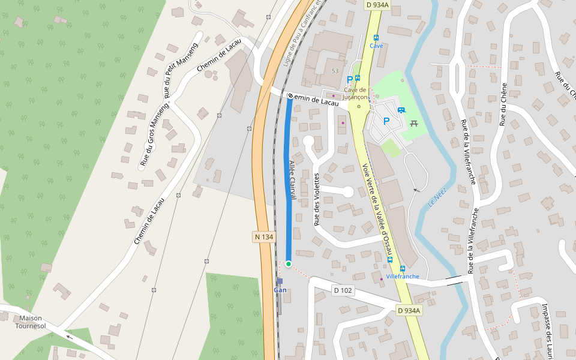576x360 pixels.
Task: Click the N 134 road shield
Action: (263, 237)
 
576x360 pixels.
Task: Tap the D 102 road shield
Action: (343, 290)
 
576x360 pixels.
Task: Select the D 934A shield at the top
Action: (377, 5)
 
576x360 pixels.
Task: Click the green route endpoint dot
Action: (289, 264)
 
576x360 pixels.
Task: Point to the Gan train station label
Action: (280, 290)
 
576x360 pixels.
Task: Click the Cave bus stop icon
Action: (376, 38)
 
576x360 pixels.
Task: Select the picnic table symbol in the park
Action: (414, 124)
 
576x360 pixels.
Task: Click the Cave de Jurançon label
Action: (355, 94)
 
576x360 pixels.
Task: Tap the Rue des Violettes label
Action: (317, 199)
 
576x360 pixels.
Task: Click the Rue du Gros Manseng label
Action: (155, 135)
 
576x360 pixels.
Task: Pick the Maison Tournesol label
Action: (32, 322)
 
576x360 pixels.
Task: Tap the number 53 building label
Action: (335, 71)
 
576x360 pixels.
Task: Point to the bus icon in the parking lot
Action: (401, 110)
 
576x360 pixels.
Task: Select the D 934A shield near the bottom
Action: (409, 310)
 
